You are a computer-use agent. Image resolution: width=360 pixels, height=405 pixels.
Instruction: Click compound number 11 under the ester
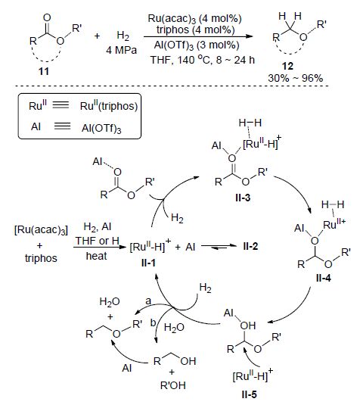(44, 71)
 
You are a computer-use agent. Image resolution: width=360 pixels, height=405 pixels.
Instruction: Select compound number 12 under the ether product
(287, 66)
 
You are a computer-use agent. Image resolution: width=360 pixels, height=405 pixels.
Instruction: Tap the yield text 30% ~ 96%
(295, 78)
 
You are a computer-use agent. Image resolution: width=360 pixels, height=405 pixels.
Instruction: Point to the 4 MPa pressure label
(121, 50)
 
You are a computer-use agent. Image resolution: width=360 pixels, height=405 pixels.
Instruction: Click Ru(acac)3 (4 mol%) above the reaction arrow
(195, 19)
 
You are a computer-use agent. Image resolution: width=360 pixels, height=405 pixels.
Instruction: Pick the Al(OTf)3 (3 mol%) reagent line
(197, 45)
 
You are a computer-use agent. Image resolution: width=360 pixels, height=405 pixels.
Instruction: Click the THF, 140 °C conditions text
(203, 60)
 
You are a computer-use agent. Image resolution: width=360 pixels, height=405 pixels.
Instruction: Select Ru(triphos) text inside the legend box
(109, 106)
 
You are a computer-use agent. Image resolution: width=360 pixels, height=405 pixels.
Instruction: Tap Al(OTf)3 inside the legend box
(101, 128)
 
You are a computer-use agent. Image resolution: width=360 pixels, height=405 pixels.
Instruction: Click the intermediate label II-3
(243, 198)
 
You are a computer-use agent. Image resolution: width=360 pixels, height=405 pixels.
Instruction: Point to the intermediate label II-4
(324, 278)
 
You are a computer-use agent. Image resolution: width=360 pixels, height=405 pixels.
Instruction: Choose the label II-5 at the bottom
(250, 394)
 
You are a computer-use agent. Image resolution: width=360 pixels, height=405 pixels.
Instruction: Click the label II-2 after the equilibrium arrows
(250, 246)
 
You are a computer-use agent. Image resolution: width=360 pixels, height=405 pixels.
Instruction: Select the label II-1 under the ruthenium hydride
(148, 263)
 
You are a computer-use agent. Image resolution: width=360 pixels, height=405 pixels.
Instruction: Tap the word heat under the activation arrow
(96, 256)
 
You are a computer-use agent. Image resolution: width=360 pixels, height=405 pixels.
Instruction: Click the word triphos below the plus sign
(41, 258)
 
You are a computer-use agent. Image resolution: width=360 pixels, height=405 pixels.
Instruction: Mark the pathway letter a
(148, 301)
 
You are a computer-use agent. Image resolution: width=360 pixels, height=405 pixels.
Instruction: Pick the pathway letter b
(153, 322)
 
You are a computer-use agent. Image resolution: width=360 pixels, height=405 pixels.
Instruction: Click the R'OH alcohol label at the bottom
(173, 385)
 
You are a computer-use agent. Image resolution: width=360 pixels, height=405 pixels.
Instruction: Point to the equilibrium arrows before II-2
(219, 247)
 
